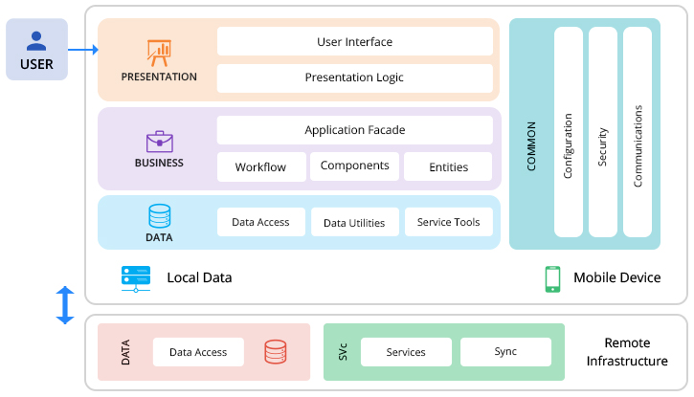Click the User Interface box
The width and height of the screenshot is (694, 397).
(354, 41)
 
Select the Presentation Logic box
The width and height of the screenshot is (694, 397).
(354, 77)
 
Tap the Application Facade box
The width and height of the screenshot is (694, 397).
(354, 130)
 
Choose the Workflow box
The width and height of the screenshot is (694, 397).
(260, 166)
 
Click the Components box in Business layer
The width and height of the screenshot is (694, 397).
(354, 165)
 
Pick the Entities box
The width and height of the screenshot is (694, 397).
(448, 166)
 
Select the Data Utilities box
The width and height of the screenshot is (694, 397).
(354, 222)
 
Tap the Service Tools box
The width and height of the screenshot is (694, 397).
(448, 222)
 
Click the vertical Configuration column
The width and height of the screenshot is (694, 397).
(568, 132)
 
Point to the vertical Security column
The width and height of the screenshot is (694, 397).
(602, 132)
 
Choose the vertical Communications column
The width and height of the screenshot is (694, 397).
(638, 132)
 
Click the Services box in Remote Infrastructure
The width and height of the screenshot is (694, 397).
(406, 352)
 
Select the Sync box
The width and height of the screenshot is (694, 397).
(505, 352)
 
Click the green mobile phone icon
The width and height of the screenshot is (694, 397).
(552, 278)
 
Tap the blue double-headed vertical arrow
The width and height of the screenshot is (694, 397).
(65, 305)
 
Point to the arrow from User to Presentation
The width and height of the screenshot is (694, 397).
(83, 50)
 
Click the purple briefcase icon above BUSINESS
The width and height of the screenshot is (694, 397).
(159, 142)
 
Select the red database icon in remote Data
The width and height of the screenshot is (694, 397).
(276, 352)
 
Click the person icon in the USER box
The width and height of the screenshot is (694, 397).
(36, 40)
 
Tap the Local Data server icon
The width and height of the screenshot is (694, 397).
(136, 277)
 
